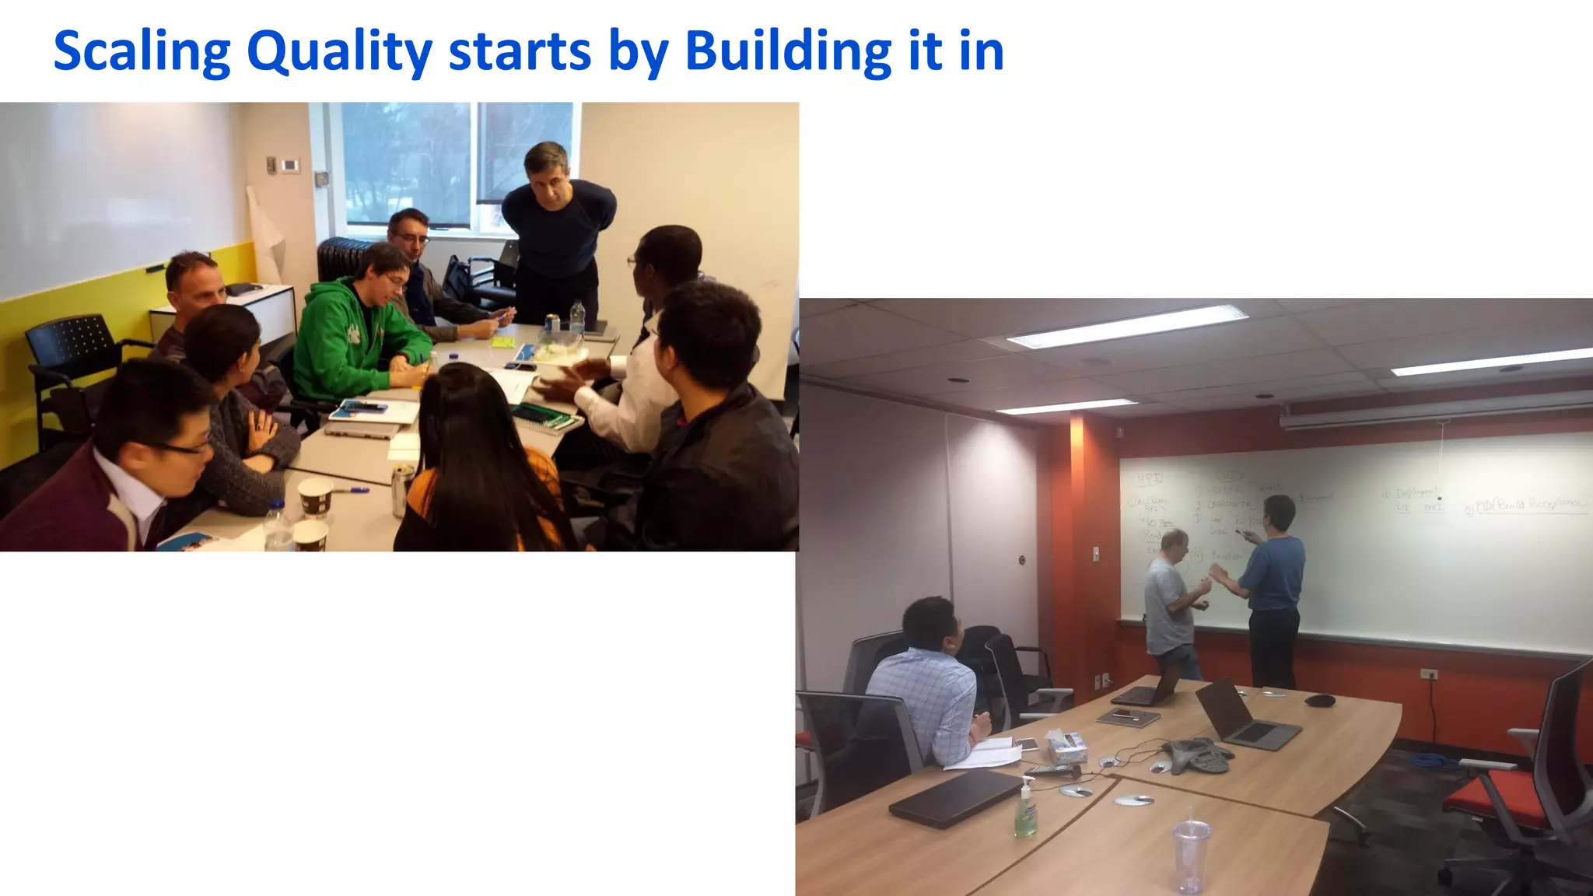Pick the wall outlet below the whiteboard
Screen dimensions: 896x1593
pyautogui.click(x=1428, y=674)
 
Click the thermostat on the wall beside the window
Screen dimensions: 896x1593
pyautogui.click(x=290, y=165)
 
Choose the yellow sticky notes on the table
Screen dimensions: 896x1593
pyautogui.click(x=502, y=341)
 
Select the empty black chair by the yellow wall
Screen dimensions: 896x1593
pyautogui.click(x=70, y=366)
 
